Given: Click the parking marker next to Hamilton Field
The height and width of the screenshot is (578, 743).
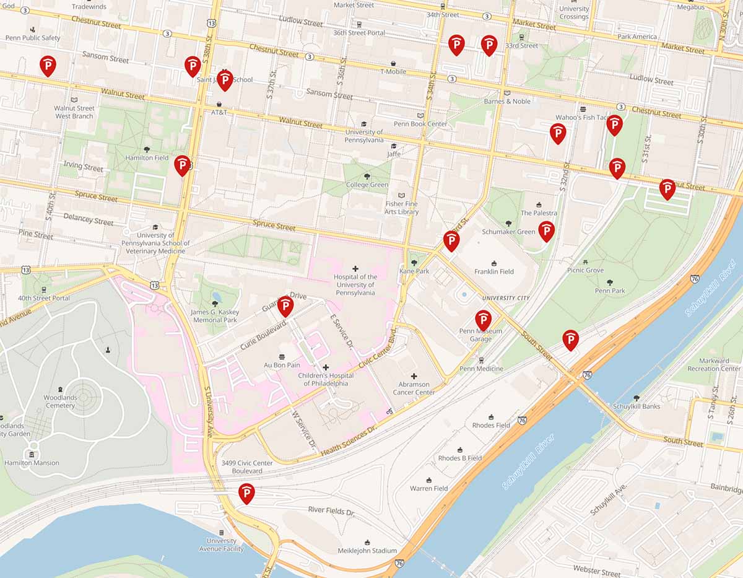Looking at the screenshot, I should coord(182,165).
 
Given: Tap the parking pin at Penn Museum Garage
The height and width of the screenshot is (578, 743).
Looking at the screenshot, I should coord(483,320).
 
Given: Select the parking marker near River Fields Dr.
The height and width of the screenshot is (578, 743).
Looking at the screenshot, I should coord(246,493).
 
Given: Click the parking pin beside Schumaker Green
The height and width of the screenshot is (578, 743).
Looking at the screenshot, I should coord(546,231).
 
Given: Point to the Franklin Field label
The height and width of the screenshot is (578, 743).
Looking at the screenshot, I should coord(494,271).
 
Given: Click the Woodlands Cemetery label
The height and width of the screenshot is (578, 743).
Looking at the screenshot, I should coord(60,401).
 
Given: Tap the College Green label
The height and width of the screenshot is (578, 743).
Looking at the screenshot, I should coord(367,185).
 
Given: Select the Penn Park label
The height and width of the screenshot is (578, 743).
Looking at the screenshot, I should coord(610,291).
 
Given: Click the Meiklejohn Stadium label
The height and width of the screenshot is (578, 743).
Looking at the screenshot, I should coord(367,550).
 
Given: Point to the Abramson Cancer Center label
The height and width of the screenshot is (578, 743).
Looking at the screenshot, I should coord(414,388).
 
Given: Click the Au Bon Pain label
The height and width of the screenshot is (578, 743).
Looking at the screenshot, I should coord(282,365).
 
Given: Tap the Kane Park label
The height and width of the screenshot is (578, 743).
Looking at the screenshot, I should coord(414,271).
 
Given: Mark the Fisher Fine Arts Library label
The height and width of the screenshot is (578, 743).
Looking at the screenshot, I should coord(402,208).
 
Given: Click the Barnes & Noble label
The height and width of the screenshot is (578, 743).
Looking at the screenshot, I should coord(507,101).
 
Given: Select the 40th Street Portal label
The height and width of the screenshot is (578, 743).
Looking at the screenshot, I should coord(44,298).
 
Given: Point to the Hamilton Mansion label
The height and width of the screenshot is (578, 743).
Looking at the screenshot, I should coord(32,463).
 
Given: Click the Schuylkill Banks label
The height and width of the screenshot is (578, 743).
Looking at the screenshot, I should coord(636,406).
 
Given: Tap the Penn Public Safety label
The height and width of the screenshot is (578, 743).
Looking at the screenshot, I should coord(33,38).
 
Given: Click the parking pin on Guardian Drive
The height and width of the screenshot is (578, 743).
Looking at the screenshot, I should coord(285,306).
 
